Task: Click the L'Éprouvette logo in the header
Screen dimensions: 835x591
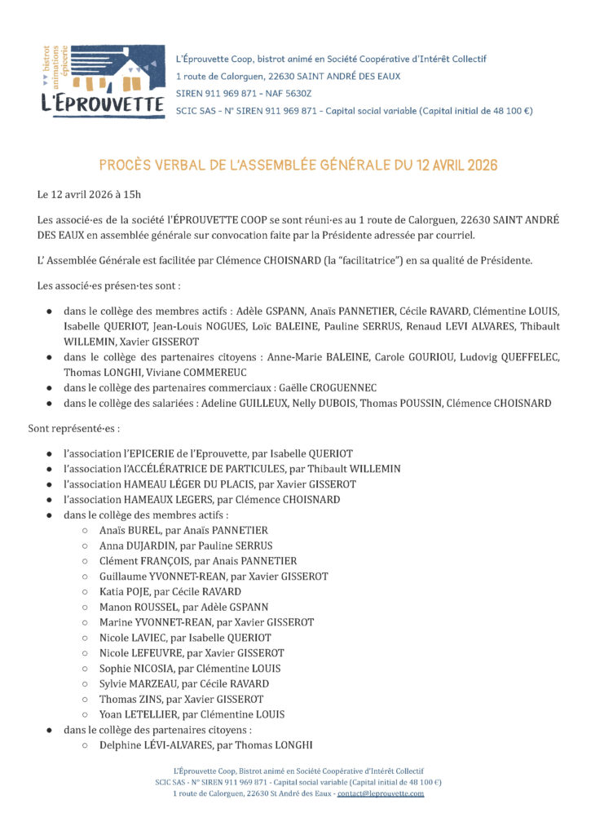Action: click(x=101, y=82)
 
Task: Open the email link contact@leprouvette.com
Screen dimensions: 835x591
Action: click(x=381, y=793)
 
